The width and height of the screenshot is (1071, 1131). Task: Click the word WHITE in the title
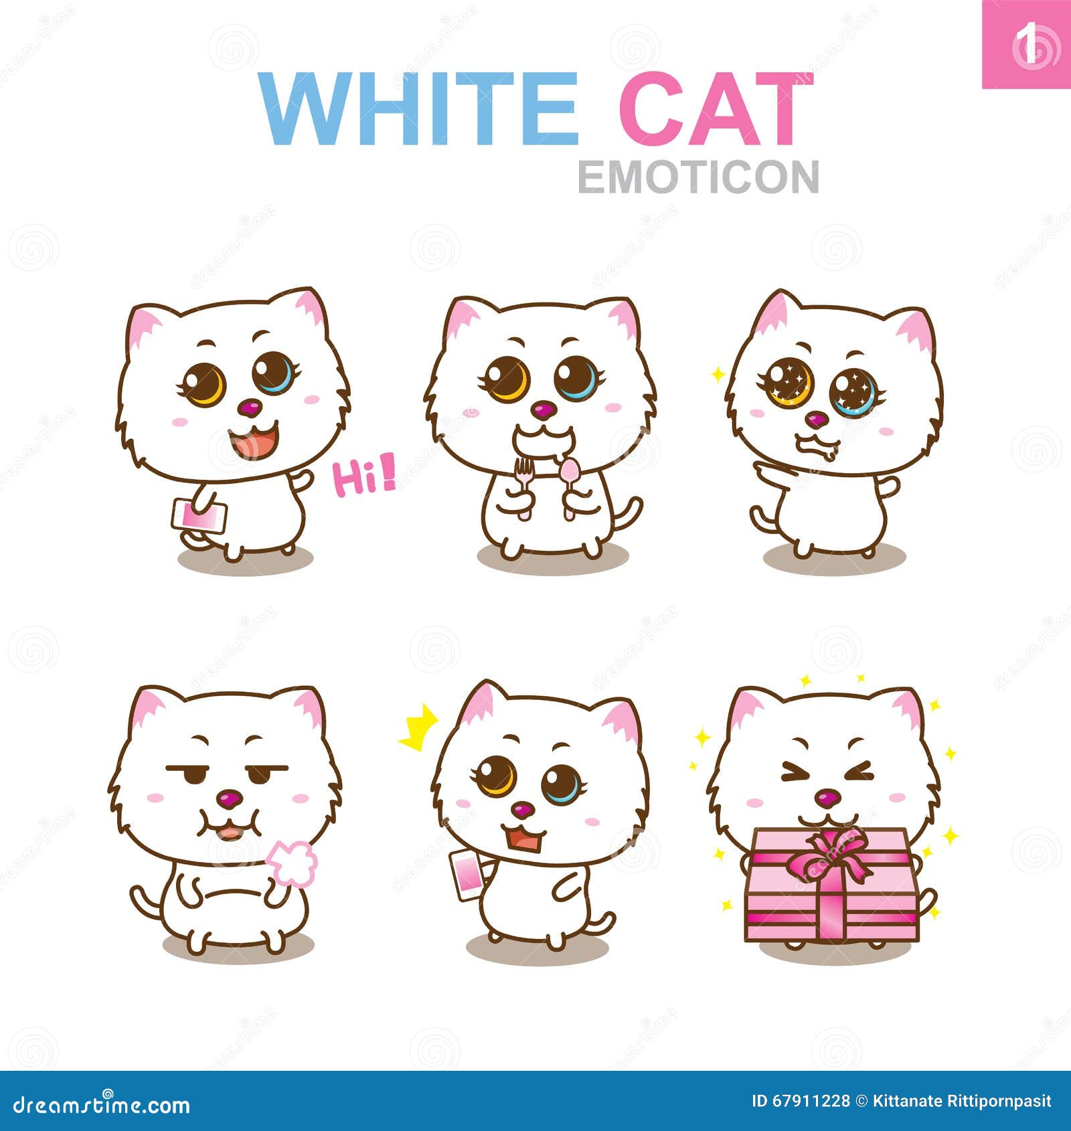pos(418,109)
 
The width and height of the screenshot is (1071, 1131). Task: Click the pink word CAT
pos(715,109)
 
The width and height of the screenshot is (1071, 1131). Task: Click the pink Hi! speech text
pos(364,477)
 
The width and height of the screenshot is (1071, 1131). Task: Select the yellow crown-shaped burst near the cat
pos(419,729)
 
